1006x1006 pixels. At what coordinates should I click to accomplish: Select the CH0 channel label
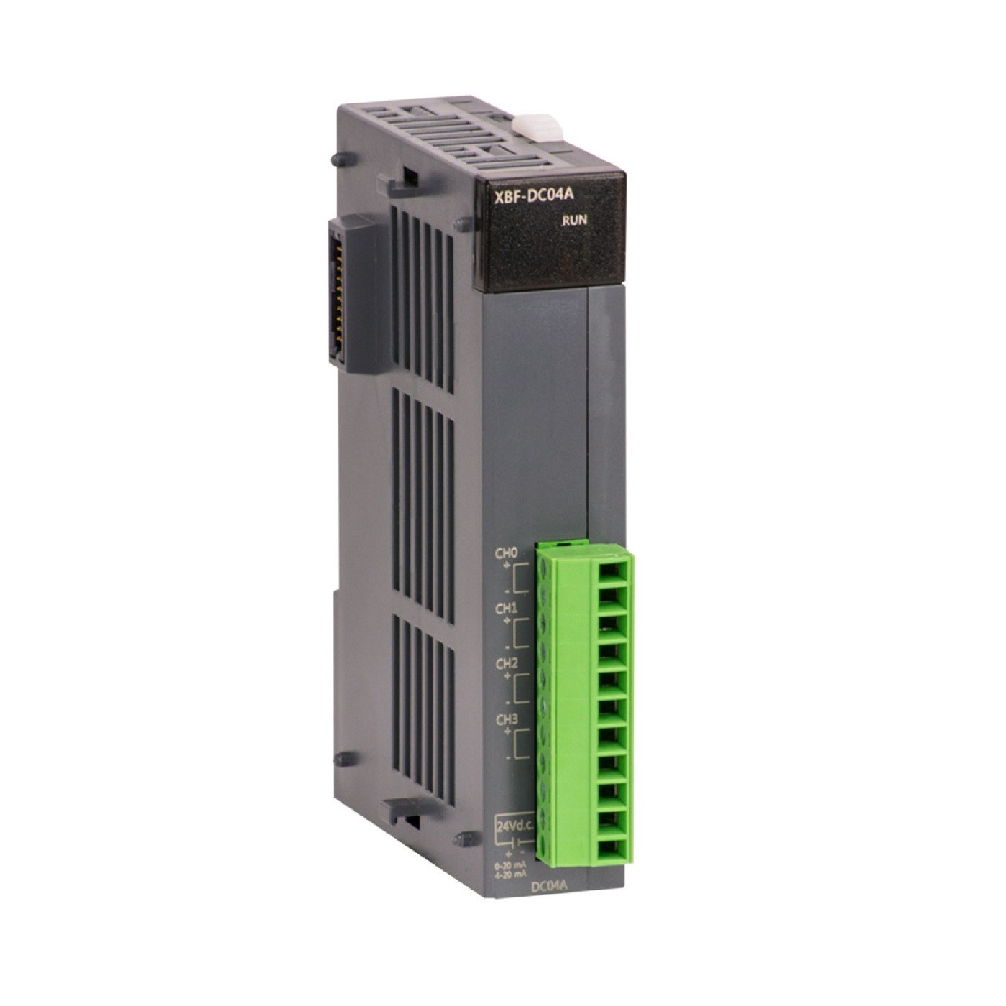coord(506,554)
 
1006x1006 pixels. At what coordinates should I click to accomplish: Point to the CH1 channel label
coord(506,609)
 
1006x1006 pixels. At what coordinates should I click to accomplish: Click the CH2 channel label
coord(506,663)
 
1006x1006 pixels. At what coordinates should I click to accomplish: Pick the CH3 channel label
coord(506,719)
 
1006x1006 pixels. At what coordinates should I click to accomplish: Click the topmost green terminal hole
coord(609,565)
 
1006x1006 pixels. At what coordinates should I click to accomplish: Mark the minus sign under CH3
coord(508,757)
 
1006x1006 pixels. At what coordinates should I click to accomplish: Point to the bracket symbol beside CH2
coord(521,688)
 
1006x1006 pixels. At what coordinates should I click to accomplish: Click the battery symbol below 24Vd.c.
coord(517,843)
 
